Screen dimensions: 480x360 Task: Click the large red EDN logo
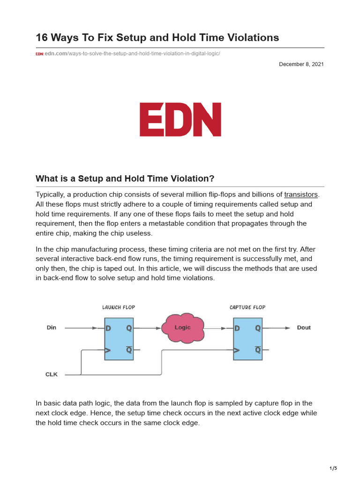(x=180, y=120)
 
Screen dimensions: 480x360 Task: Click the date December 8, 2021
(x=301, y=64)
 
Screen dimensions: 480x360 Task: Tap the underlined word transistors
(x=301, y=195)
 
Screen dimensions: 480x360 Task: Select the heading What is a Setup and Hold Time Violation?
(x=125, y=179)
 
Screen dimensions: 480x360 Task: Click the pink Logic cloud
(x=183, y=328)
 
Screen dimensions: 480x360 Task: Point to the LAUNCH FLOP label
(x=119, y=307)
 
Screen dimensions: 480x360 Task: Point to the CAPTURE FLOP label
(x=247, y=307)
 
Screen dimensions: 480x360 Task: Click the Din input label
(x=52, y=328)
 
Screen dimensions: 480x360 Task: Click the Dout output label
(x=304, y=328)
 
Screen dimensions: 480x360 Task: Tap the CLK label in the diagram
(x=52, y=375)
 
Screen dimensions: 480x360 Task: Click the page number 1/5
(x=333, y=468)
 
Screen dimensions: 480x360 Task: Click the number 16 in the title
(x=43, y=37)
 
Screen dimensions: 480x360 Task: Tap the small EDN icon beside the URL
(x=39, y=54)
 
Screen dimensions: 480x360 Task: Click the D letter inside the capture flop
(x=237, y=329)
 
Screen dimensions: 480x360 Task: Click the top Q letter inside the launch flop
(x=129, y=329)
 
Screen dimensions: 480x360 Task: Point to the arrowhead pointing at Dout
(x=288, y=328)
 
